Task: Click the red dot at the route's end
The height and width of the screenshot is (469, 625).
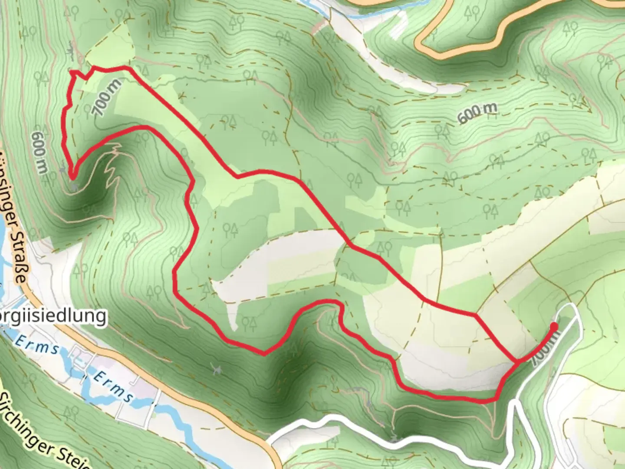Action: pyautogui.click(x=554, y=326)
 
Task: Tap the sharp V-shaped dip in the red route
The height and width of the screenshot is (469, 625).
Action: pyautogui.click(x=264, y=353)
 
